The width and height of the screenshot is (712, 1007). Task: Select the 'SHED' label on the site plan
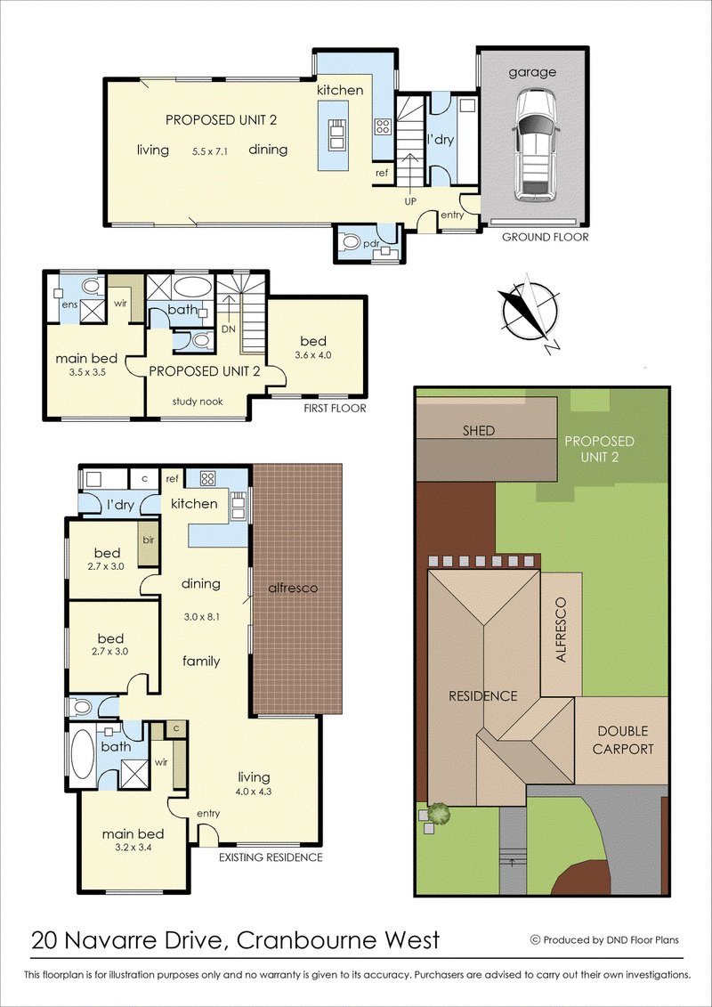(x=480, y=431)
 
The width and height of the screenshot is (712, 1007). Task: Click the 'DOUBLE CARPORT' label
(x=622, y=740)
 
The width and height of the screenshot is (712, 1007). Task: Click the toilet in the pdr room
(x=352, y=243)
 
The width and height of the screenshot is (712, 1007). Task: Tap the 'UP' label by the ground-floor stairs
(x=411, y=201)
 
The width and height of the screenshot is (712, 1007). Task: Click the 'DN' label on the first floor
(x=228, y=329)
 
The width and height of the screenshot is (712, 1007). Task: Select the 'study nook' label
(x=198, y=402)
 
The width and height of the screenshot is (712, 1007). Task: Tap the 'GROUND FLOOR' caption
(x=545, y=237)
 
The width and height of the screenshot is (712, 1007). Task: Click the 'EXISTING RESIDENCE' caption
(x=271, y=857)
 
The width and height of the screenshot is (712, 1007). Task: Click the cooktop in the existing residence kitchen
(x=207, y=477)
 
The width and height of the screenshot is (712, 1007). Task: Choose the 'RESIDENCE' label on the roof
(x=482, y=695)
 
